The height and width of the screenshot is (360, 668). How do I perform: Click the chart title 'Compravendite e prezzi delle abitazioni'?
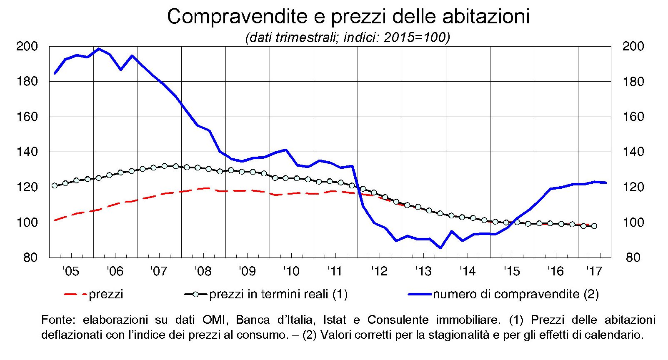[x=348, y=16]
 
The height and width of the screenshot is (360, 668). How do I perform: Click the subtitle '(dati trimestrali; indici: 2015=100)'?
[x=348, y=37]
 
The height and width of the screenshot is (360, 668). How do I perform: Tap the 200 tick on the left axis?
[x=27, y=46]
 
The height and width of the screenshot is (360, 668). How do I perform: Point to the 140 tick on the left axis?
[x=27, y=152]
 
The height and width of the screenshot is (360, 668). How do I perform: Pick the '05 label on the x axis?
[x=71, y=272]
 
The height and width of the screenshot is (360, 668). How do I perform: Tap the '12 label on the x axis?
[x=379, y=272]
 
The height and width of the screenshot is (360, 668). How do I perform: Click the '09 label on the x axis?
[x=247, y=272]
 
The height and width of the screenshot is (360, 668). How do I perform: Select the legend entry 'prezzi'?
[x=106, y=294]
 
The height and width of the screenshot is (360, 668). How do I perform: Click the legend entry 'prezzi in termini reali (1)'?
[x=278, y=294]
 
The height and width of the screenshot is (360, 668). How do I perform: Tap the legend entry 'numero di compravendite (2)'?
[x=515, y=294]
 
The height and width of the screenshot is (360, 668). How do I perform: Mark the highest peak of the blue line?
[x=99, y=49]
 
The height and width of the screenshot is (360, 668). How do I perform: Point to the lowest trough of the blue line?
[x=440, y=248]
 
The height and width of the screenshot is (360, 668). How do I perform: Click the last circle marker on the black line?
[x=594, y=226]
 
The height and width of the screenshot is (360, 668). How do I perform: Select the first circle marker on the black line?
[x=55, y=185]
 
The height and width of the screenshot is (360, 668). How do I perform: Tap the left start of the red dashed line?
[x=55, y=220]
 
